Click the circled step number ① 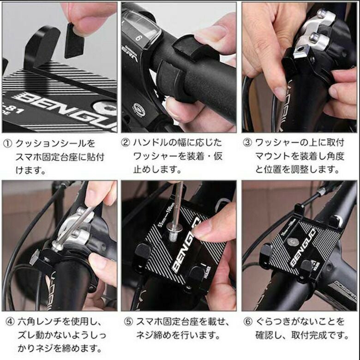[7, 144]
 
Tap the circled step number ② [126, 143]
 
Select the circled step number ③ [247, 143]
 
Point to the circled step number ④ [10, 322]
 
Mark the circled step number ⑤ [129, 322]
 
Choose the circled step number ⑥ [248, 322]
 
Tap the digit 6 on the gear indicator [138, 37]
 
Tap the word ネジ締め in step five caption [154, 335]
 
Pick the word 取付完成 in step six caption [309, 335]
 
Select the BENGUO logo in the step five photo [186, 246]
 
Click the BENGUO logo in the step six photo [303, 248]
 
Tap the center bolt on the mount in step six [291, 241]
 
